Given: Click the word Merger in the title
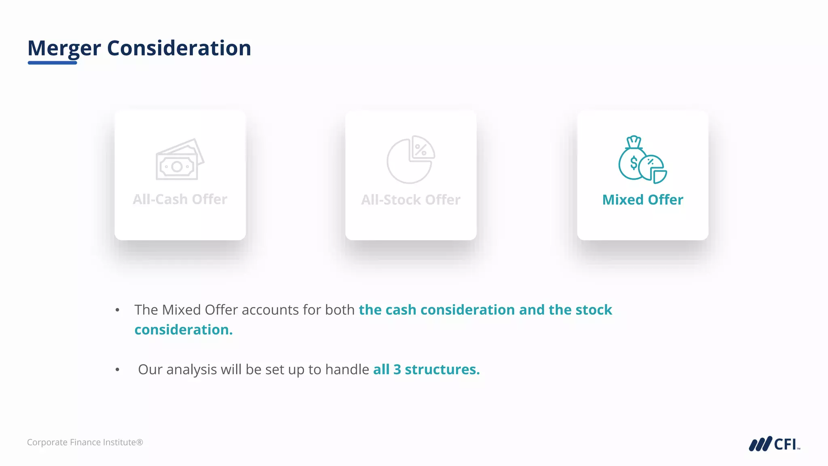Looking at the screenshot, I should pyautogui.click(x=64, y=48).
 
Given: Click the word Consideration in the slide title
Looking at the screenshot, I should pyautogui.click(x=179, y=48).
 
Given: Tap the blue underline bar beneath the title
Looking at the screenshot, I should pyautogui.click(x=52, y=63).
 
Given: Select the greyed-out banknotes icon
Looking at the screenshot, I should pyautogui.click(x=180, y=160).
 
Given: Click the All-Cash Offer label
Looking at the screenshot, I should pyautogui.click(x=180, y=199).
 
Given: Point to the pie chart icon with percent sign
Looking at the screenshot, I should pyautogui.click(x=411, y=159).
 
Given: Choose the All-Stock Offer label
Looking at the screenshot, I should pyautogui.click(x=411, y=200).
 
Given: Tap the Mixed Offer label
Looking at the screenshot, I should pyautogui.click(x=642, y=200).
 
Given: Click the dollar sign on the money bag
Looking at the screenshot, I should pyautogui.click(x=634, y=163).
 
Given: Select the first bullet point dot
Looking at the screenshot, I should pyautogui.click(x=117, y=310).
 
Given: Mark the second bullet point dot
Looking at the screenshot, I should pyautogui.click(x=117, y=370).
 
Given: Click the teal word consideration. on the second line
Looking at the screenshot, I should pyautogui.click(x=184, y=330).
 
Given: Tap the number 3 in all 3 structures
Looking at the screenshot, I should pyautogui.click(x=397, y=370).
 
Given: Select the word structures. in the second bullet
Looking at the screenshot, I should pyautogui.click(x=442, y=370).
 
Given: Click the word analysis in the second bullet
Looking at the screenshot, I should pyautogui.click(x=191, y=370).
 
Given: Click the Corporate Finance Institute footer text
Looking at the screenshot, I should pyautogui.click(x=85, y=443).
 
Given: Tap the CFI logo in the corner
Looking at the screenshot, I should pyautogui.click(x=774, y=444).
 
